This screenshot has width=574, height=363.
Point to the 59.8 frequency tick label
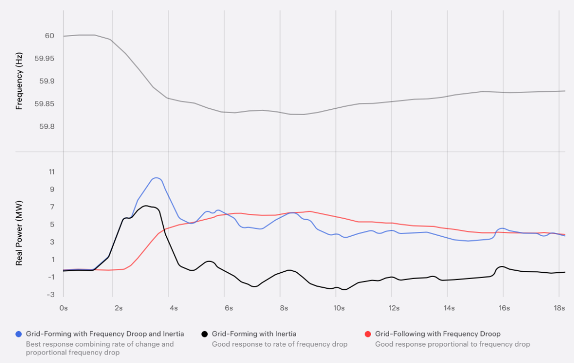point(46,126)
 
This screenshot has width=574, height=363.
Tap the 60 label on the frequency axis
point(49,36)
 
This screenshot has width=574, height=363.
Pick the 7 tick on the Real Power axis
point(52,207)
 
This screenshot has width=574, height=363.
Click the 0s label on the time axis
point(63,308)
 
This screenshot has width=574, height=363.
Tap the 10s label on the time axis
point(339,308)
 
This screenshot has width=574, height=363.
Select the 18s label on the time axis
point(559,308)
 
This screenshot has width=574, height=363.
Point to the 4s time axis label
point(173,308)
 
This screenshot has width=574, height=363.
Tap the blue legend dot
point(20,334)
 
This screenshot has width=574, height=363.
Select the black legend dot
point(205,334)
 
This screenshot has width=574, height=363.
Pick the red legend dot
point(368,334)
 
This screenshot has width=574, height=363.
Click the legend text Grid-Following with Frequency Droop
point(437,334)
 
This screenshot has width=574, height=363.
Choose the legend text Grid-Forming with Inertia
point(254,334)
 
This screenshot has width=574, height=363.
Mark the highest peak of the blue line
point(156,178)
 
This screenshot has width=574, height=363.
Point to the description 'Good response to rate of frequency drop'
point(280,344)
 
